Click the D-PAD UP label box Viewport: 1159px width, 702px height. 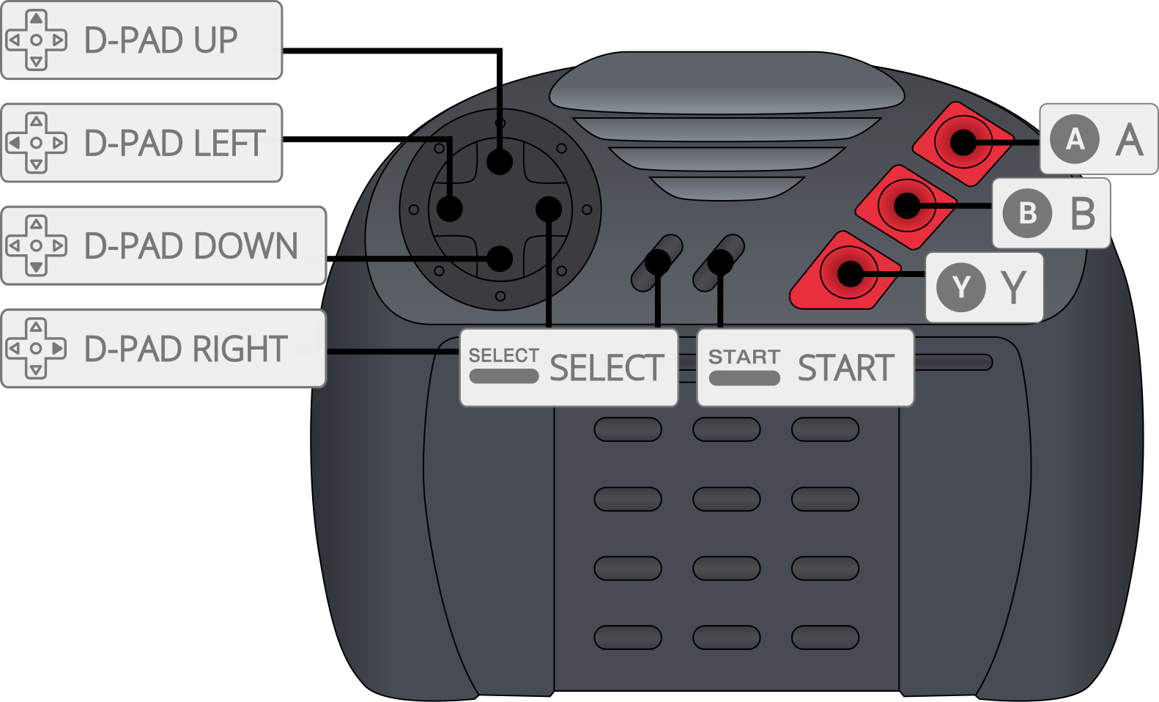point(141,40)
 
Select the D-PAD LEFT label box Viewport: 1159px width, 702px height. point(141,143)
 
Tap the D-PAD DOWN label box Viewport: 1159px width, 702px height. point(163,245)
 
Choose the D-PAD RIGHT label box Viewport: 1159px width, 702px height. point(163,348)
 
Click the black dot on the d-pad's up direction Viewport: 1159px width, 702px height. point(500,162)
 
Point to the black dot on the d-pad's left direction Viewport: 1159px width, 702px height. point(450,209)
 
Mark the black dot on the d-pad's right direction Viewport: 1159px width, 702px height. point(549,209)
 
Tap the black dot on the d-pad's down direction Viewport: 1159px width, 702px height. point(500,258)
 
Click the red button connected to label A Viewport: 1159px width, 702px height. point(963,142)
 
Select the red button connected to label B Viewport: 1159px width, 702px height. point(906,206)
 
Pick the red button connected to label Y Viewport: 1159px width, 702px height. point(849,274)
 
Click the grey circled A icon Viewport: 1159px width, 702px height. point(1075,138)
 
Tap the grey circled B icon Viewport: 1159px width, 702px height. point(1027,213)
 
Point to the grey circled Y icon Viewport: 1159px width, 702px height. point(960,287)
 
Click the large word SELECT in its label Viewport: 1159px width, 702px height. point(607,368)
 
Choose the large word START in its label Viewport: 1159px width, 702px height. point(845,368)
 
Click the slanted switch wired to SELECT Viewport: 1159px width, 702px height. point(657,262)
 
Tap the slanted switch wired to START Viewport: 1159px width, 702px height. point(719,262)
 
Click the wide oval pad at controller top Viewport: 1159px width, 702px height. point(726,82)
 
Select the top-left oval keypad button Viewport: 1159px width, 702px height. point(627,429)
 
